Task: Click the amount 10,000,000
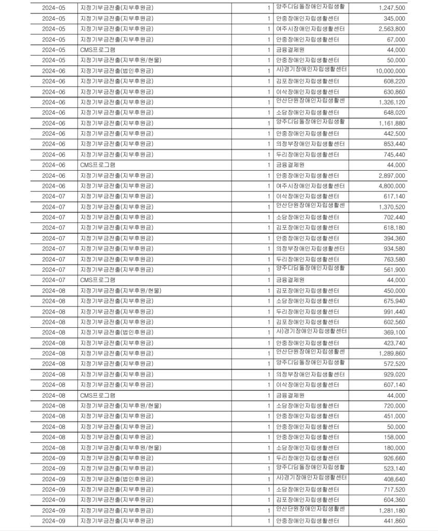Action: (386, 71)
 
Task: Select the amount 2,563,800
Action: (389, 29)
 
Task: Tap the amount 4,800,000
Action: (389, 186)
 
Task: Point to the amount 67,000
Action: (395, 39)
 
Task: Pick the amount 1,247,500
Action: (389, 8)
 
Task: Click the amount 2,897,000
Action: (389, 176)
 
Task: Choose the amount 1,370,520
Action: (389, 207)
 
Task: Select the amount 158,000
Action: (393, 437)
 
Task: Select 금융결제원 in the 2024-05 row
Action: (291, 50)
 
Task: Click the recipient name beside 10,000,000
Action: (311, 70)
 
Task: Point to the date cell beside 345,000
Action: (53, 19)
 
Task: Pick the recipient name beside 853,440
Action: (310, 144)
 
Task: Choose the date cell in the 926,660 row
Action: (53, 458)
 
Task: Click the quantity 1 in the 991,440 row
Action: (269, 312)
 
